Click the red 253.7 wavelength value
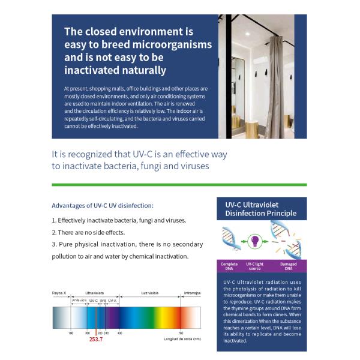[x=96, y=340]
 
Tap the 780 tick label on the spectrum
[x=180, y=332]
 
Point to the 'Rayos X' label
[x=59, y=293]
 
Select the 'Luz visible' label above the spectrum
[x=149, y=293]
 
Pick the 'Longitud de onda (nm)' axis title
[x=182, y=339]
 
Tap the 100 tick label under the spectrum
[x=71, y=332]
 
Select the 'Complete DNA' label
[x=229, y=266]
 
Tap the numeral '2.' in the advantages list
[x=54, y=232]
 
